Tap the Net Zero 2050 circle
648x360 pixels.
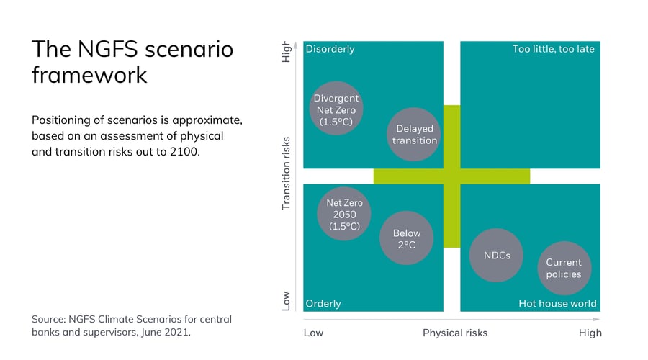pyautogui.click(x=344, y=215)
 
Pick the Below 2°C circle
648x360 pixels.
pyautogui.click(x=406, y=239)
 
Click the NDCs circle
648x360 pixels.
pyautogui.click(x=495, y=255)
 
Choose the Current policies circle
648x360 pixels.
pyautogui.click(x=563, y=268)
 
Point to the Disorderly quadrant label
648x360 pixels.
pyautogui.click(x=330, y=50)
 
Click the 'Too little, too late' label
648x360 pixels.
pyautogui.click(x=553, y=50)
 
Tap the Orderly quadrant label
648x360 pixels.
pyautogui.click(x=323, y=303)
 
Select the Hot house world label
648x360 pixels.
pyautogui.click(x=557, y=303)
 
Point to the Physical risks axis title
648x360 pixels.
pyautogui.click(x=455, y=333)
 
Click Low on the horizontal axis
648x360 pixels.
pyautogui.click(x=314, y=333)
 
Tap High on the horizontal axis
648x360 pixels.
pyautogui.click(x=590, y=333)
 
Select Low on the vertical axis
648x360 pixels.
pyautogui.click(x=286, y=300)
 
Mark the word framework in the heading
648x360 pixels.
pyautogui.click(x=89, y=75)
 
